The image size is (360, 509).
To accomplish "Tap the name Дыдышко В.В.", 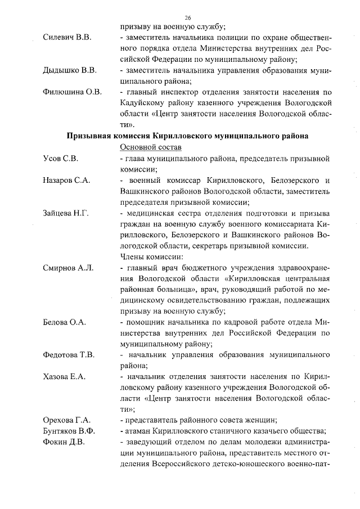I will pyautogui.click(x=70, y=70).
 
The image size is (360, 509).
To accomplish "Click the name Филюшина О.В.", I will pyautogui.click(x=72, y=92).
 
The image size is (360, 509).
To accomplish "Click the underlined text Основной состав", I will pyautogui.click(x=151, y=147).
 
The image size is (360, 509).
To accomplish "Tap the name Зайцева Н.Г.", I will pyautogui.click(x=66, y=213).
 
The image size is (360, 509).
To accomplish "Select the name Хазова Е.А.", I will pyautogui.click(x=64, y=377).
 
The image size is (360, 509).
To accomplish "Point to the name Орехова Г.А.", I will pyautogui.click(x=67, y=420).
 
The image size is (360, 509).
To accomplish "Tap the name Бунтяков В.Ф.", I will pyautogui.click(x=69, y=431).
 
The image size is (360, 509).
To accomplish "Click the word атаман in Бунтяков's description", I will pyautogui.click(x=140, y=431).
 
